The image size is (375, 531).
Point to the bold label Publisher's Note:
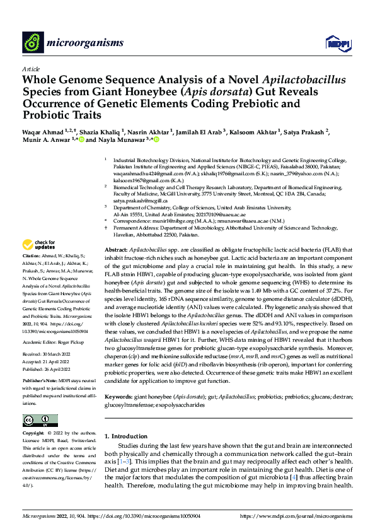coord(41,382)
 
